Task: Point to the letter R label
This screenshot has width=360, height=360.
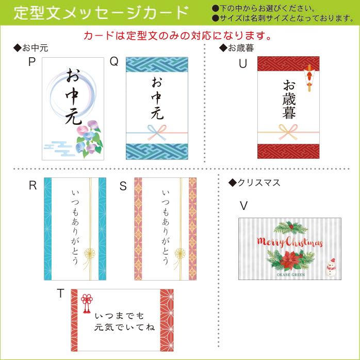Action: coord(32,186)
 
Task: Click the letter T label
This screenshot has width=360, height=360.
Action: coord(60,293)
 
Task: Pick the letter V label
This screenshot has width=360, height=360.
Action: coord(243,206)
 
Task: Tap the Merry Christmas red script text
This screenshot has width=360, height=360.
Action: coord(289,242)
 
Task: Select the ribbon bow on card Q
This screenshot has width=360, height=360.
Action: coord(157,131)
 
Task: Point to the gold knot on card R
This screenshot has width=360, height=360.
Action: coord(91,254)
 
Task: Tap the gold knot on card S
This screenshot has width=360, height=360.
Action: coord(181,254)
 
